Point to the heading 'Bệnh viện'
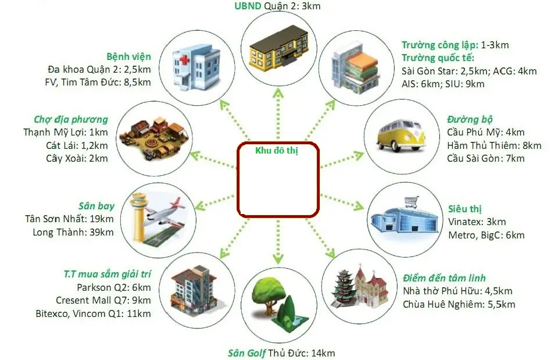coord(128,57)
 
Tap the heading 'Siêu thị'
coord(465,209)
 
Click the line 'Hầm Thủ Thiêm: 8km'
coord(494,145)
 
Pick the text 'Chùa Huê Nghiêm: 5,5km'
coord(459,304)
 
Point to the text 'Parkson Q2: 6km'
coord(114,287)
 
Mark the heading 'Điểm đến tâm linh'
coord(444,278)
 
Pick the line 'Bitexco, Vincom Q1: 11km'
coord(103,313)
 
